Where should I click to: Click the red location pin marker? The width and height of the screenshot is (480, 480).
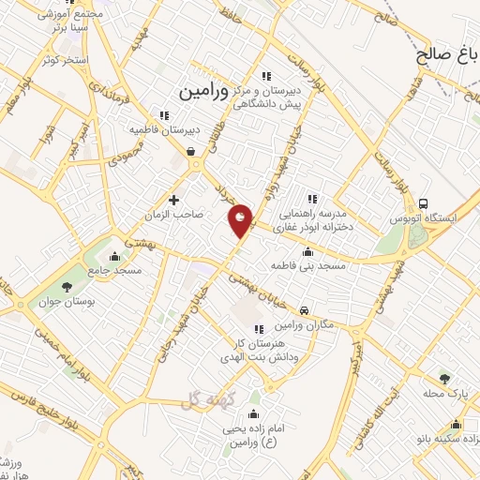[241, 219]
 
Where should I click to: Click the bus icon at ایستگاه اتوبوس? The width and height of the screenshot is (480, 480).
[424, 203]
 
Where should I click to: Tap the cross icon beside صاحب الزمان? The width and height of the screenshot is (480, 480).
[173, 199]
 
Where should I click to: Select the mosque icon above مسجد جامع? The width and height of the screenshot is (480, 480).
[115, 256]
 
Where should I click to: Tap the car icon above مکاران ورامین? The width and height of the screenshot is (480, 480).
[304, 310]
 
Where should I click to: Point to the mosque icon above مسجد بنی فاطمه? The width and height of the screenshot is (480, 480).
[307, 252]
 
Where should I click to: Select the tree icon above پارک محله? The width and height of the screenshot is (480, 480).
[444, 379]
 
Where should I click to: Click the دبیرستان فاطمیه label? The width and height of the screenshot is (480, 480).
[154, 128]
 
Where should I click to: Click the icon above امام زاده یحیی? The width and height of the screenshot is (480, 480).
[253, 413]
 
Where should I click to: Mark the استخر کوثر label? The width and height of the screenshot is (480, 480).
[65, 60]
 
